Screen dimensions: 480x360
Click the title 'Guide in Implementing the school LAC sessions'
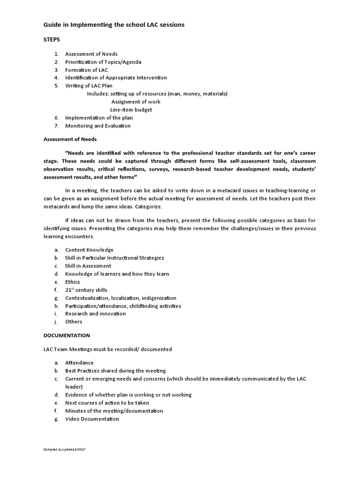click(114, 24)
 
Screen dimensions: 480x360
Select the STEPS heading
click(52, 40)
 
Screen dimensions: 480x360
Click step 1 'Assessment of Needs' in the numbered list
click(91, 54)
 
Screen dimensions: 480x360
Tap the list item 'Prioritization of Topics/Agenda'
click(103, 62)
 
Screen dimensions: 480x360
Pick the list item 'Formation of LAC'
click(86, 70)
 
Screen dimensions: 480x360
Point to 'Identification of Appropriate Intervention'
click(116, 78)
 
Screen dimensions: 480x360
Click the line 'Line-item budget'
click(131, 110)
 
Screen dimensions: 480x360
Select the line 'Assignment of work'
click(135, 102)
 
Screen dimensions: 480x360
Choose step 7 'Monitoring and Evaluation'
click(98, 126)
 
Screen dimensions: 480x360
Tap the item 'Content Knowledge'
click(89, 250)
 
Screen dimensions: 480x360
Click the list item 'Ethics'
click(73, 282)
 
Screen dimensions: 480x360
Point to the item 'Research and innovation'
click(96, 314)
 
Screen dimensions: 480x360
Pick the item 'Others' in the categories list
click(74, 322)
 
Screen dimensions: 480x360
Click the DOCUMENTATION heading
click(67, 336)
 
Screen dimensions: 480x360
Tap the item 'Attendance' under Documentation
click(79, 363)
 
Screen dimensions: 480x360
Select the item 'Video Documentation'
click(92, 419)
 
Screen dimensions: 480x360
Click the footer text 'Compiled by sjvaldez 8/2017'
click(64, 450)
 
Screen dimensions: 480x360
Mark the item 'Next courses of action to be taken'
click(107, 403)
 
